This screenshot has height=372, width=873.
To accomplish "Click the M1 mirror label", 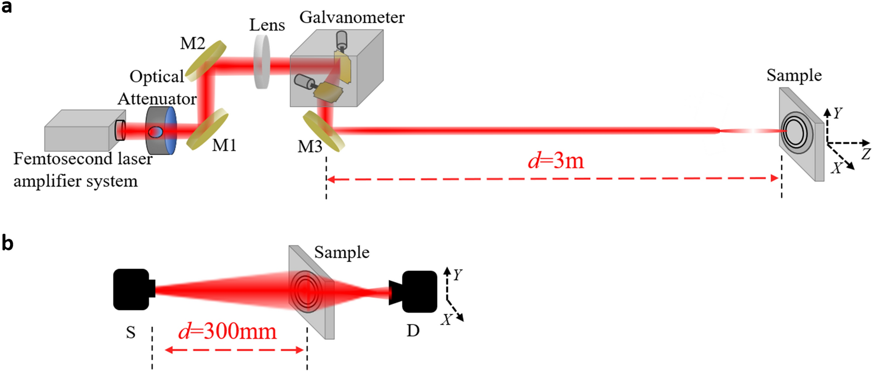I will [x=224, y=145].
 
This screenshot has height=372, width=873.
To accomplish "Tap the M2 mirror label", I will [x=192, y=43].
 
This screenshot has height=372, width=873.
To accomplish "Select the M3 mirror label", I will [x=310, y=146].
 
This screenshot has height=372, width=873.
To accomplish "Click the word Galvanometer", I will [x=352, y=17].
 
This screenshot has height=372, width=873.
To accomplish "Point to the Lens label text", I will [x=267, y=25].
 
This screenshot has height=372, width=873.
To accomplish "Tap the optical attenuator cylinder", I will [x=161, y=131].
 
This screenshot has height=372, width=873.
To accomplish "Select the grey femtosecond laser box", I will [x=77, y=131].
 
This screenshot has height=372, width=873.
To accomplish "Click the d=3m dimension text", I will [x=555, y=161].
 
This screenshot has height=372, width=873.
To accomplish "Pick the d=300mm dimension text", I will [x=227, y=331].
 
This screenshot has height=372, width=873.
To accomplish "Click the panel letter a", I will [x=6, y=7].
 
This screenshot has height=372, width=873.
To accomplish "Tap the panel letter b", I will [x=7, y=243].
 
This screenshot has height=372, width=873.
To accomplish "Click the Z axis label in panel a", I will [x=865, y=154].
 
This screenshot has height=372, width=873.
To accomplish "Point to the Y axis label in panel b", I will [x=457, y=274].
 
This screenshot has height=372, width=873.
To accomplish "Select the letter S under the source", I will [x=131, y=333].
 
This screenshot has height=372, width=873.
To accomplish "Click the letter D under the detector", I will [x=413, y=330].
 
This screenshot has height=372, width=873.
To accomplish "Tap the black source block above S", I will [x=132, y=289].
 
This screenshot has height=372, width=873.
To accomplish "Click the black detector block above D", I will [x=419, y=292].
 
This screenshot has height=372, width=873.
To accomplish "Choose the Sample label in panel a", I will [x=794, y=75].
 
